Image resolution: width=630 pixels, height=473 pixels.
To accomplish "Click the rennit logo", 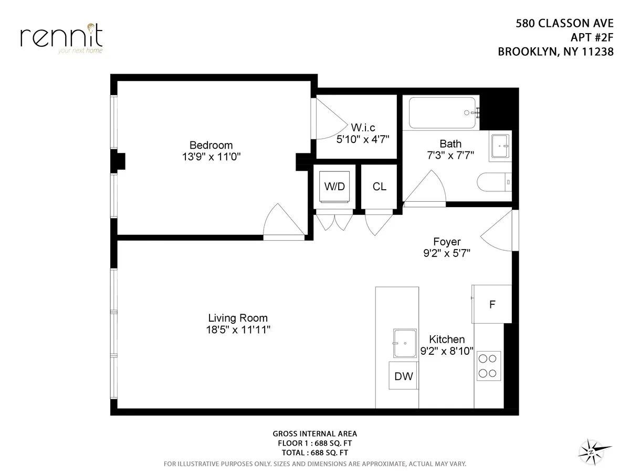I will pos(61,37).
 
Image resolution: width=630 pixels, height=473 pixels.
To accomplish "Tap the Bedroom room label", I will pos(211,145).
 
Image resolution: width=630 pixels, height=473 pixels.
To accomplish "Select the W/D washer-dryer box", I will pos(334,187).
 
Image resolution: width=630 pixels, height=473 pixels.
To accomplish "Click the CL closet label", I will pos(379,187).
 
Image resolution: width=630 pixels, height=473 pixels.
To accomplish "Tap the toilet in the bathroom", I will pos(493,182).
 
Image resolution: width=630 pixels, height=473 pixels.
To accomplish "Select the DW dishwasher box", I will pos(403,376).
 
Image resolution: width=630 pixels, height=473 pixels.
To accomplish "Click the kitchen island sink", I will pos(405,342).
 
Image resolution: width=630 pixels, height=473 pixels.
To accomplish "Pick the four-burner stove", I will pos(488,366).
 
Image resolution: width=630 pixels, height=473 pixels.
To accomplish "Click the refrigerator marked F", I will pos(492,304).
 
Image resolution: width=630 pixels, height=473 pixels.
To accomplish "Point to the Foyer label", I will pos(447,242).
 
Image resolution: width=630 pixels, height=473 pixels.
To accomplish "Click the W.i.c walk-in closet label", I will pos(363,128).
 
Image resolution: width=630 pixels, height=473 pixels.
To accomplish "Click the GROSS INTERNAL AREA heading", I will pos(314,434).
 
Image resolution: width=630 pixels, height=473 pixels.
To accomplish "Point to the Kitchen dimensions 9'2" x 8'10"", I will pos(447,351).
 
